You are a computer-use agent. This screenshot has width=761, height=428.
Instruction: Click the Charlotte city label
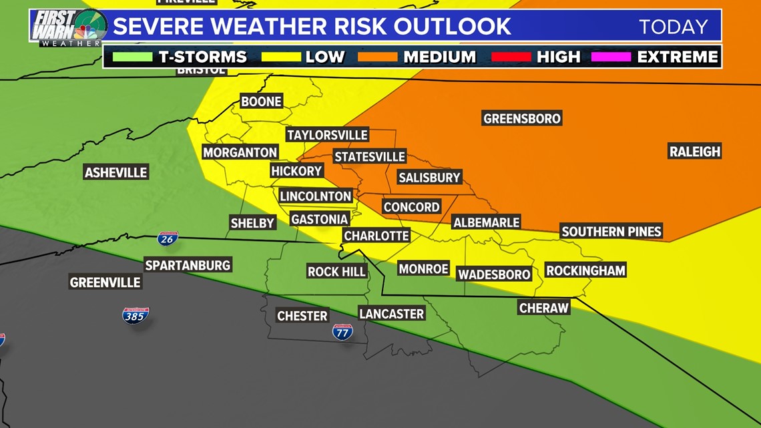pyautogui.click(x=376, y=236)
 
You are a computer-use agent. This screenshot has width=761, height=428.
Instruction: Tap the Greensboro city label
pyautogui.click(x=521, y=118)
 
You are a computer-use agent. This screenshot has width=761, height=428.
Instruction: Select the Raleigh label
pyautogui.click(x=695, y=152)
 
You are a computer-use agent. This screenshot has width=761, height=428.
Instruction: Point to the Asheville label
pyautogui.click(x=115, y=172)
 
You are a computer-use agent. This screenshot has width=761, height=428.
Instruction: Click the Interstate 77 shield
pyautogui.click(x=342, y=331)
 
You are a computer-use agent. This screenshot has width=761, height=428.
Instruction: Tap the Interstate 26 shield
pyautogui.click(x=168, y=238)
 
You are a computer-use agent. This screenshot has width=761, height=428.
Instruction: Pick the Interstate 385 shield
pyautogui.click(x=136, y=315)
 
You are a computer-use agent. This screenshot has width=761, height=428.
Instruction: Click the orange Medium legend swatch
pyautogui.click(x=377, y=57)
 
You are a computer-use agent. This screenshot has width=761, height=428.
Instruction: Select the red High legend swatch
pyautogui.click(x=511, y=57)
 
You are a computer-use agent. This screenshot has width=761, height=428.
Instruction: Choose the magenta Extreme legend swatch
pyautogui.click(x=610, y=57)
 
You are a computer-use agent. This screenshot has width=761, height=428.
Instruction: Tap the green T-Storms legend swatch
pyautogui.click(x=132, y=57)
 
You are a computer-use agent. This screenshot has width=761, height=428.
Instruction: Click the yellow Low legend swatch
pyautogui.click(x=281, y=57)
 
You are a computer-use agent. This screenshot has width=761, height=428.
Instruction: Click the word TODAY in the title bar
pyautogui.click(x=673, y=27)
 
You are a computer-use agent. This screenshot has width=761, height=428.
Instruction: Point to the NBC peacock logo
pyautogui.click(x=86, y=31)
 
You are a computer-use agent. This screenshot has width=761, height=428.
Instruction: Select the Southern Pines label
pyautogui.click(x=611, y=232)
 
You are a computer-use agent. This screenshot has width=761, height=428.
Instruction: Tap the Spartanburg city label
pyautogui.click(x=188, y=265)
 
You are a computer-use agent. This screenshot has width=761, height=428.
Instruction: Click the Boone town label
pyautogui.click(x=261, y=101)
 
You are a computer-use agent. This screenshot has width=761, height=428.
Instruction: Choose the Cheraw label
pyautogui.click(x=543, y=308)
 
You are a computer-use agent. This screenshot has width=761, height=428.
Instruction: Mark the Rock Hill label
pyautogui.click(x=336, y=271)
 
